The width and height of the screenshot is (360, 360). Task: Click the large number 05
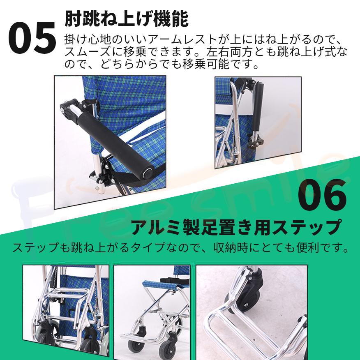(32, 38)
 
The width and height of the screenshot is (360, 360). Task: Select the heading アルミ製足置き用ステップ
(236, 227)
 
